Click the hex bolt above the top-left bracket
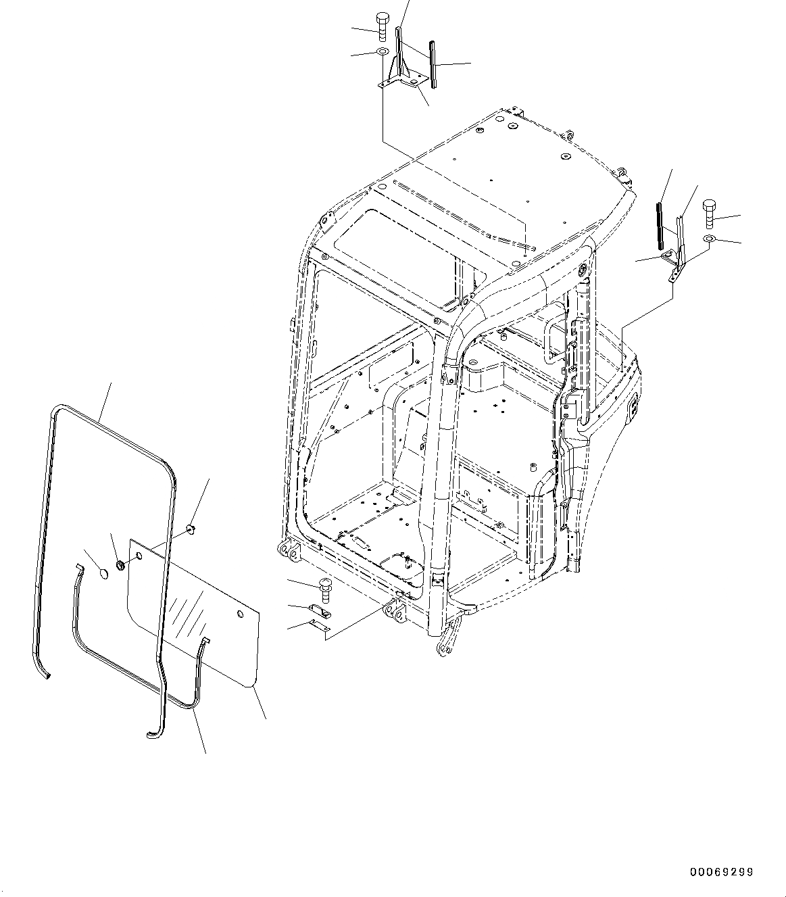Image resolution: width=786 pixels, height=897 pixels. pyautogui.click(x=381, y=27)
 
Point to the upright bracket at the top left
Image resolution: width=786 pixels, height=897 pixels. pyautogui.click(x=403, y=57)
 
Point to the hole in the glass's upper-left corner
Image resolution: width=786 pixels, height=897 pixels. pyautogui.click(x=139, y=556)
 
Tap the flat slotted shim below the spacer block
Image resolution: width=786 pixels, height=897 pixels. pyautogui.click(x=320, y=628)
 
